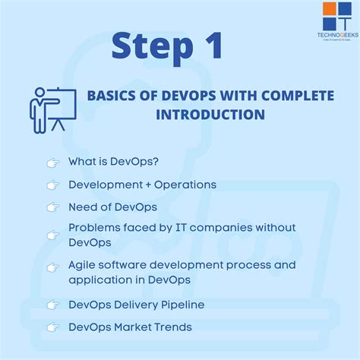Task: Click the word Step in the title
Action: [149, 47]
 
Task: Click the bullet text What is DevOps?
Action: [113, 162]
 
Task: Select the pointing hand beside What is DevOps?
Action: [52, 163]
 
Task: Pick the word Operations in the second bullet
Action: [190, 185]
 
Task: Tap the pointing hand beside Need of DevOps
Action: [52, 207]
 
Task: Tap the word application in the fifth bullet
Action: [100, 279]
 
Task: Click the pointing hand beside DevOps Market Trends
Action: [52, 327]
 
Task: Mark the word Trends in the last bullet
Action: [172, 327]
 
